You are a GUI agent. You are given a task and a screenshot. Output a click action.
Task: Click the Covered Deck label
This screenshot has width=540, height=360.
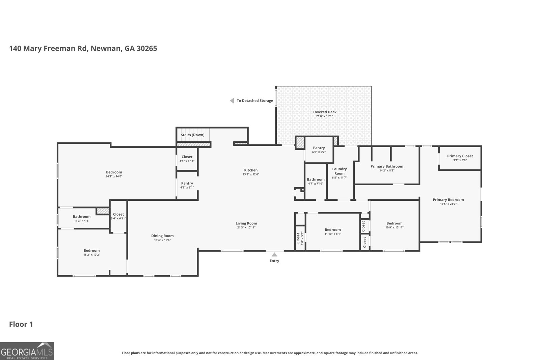tap(324, 112)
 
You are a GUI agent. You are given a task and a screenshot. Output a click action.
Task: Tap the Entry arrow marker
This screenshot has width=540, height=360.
tap(274, 255)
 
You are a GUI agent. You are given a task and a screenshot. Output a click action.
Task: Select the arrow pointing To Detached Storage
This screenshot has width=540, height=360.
tap(232, 101)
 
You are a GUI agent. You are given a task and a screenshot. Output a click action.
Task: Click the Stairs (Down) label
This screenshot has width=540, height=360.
tap(192, 135)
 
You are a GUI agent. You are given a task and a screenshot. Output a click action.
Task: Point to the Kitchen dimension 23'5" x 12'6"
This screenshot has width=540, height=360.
tap(251, 174)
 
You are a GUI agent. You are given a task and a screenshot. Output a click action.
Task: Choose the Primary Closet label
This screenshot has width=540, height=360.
tap(460, 156)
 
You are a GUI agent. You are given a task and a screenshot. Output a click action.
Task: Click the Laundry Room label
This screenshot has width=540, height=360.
tap(339, 171)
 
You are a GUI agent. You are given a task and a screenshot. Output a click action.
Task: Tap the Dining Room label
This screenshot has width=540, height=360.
tap(162, 236)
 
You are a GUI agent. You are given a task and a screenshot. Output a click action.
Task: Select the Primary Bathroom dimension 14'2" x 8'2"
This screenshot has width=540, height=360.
tap(387, 170)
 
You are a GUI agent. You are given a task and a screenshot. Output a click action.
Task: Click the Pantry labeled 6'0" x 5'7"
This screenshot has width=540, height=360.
tap(319, 148)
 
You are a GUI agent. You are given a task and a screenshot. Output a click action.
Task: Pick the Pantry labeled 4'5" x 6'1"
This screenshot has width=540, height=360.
tap(187, 183)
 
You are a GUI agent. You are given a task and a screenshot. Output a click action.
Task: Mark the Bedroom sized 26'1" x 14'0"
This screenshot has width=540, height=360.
tap(114, 172)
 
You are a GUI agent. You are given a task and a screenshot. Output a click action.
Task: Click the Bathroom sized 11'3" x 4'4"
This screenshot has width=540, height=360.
tap(81, 217)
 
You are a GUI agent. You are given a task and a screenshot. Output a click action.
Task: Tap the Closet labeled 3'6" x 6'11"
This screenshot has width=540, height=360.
tap(118, 214)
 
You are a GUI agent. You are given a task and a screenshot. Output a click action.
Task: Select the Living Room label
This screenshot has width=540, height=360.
tap(246, 223)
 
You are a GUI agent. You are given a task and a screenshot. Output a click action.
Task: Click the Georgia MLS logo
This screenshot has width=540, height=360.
tap(27, 351)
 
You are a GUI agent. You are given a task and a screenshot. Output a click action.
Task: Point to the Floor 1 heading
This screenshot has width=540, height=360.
tap(21, 324)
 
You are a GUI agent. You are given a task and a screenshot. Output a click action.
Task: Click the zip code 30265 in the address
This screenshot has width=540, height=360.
tap(146, 48)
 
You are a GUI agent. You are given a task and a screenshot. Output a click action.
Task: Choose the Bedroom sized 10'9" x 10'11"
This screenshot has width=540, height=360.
tap(394, 223)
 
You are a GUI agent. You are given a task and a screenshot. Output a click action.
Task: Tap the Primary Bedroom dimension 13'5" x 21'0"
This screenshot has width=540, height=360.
tap(448, 204)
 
